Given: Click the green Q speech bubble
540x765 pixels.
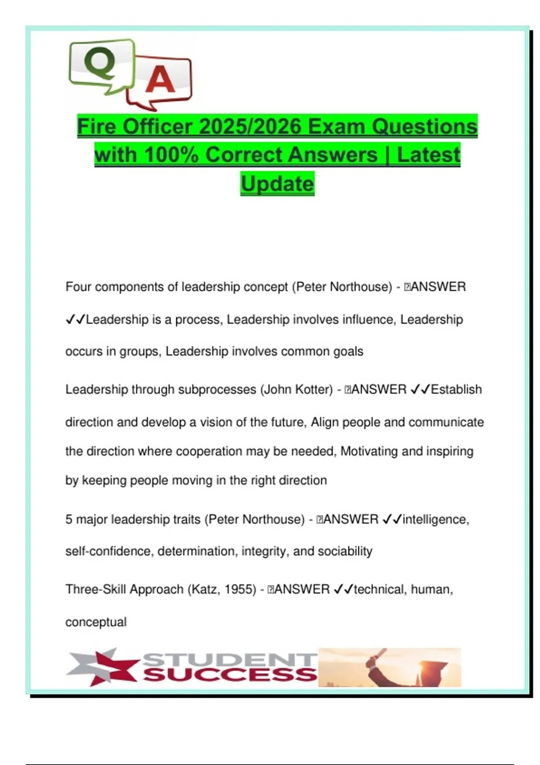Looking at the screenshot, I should [101, 65].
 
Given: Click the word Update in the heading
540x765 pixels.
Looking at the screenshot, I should [277, 184].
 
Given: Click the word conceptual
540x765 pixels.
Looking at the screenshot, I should [96, 622].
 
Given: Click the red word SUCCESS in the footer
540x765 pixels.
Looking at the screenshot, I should [230, 675].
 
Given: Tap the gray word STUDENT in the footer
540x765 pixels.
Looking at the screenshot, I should [230, 659].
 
